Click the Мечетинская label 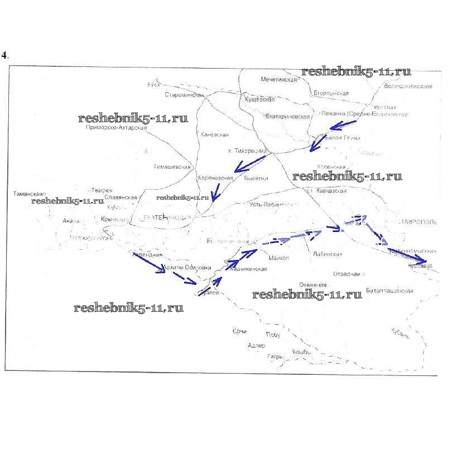coord(278,80)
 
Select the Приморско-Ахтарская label coord(116,128)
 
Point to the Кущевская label coord(260,99)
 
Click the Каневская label coord(214,134)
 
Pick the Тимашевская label coord(172,167)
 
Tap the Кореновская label coord(215,178)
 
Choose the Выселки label coord(256,178)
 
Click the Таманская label coord(28,194)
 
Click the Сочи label coord(239,331)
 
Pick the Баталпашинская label coord(390,291)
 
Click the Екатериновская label coord(287,117)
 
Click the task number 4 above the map coord(4,55)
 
